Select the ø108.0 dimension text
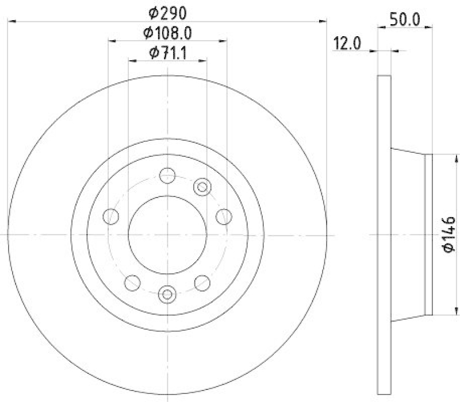(x=168, y=33)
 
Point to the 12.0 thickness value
(x=347, y=44)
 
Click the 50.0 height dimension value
(x=404, y=18)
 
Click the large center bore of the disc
(x=167, y=234)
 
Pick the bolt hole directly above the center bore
(x=167, y=175)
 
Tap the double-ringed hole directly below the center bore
(x=167, y=294)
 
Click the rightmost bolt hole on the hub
(x=224, y=217)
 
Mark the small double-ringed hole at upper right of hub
(x=202, y=185)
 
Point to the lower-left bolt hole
(x=132, y=282)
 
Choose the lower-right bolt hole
(x=202, y=282)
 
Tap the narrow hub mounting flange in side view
(x=427, y=234)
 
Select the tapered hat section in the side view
(x=407, y=234)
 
